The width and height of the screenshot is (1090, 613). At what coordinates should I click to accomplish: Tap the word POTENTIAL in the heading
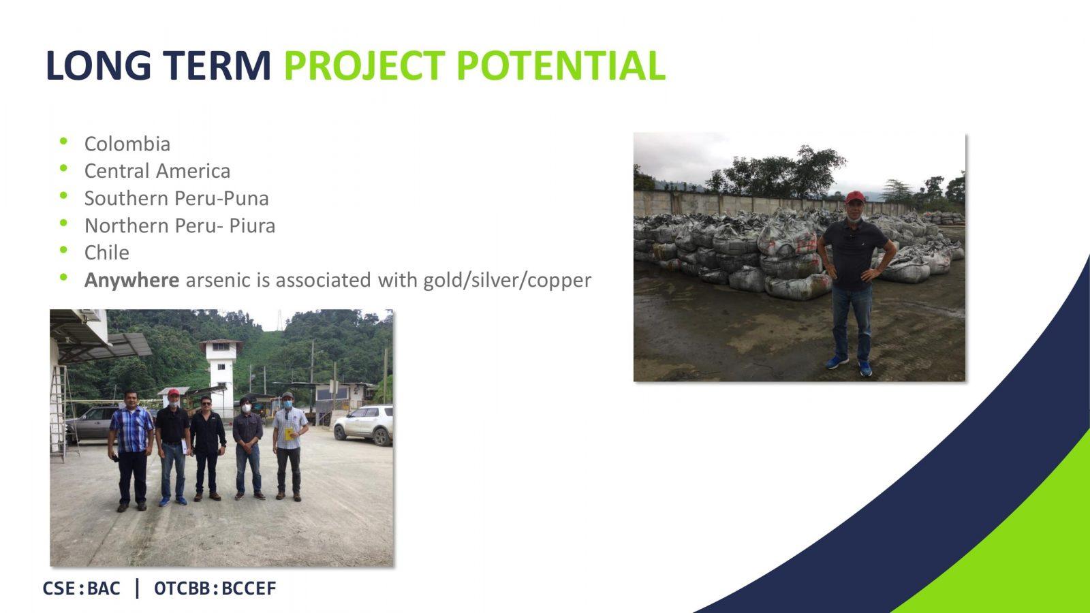[561, 65]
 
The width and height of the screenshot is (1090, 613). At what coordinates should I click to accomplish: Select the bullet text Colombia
[127, 144]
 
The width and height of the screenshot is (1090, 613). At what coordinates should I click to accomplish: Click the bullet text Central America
[157, 171]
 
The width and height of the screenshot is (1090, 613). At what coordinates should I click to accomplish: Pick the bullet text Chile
[106, 253]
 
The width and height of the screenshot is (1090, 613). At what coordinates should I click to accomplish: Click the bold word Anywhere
[132, 281]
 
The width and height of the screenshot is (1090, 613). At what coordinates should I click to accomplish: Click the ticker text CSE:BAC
[81, 588]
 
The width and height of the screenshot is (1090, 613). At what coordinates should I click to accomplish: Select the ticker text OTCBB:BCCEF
[215, 588]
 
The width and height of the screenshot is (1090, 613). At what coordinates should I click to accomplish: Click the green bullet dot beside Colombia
[63, 141]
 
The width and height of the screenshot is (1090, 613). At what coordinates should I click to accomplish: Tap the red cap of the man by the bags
[854, 197]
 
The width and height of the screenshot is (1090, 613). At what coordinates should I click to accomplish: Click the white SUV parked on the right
[364, 425]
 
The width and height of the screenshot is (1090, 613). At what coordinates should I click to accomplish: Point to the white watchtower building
[221, 375]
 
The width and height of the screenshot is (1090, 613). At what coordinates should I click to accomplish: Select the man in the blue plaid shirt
[131, 451]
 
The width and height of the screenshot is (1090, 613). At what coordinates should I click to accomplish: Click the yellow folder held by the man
[289, 433]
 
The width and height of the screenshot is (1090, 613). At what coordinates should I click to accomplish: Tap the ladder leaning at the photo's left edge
[63, 413]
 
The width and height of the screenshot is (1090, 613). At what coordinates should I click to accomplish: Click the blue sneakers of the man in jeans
[850, 365]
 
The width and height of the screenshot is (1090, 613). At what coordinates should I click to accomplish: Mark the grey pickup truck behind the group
[93, 422]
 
